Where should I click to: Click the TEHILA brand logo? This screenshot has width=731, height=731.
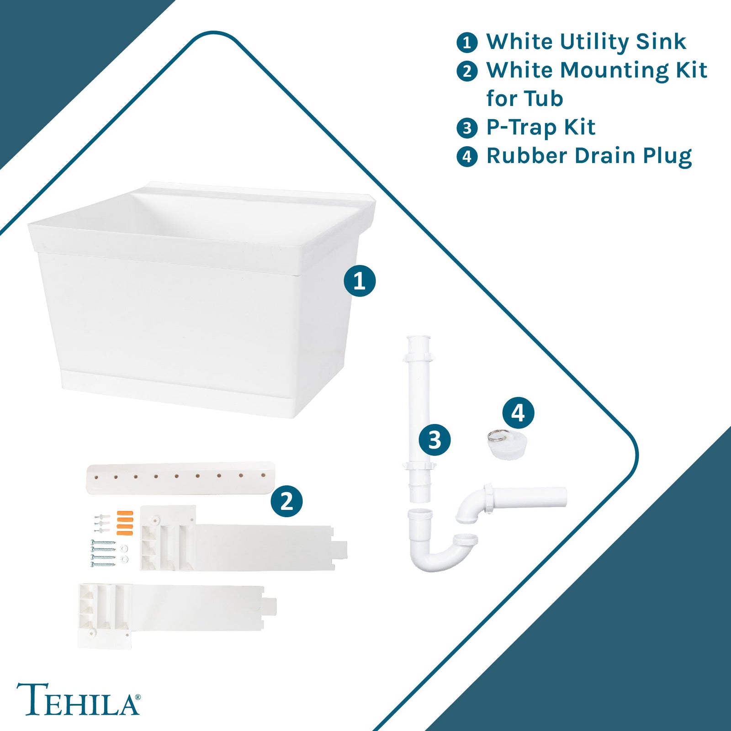[x=78, y=699]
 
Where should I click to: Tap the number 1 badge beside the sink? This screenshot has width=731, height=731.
[x=360, y=281]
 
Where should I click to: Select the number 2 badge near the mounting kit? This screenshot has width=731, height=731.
[x=286, y=501]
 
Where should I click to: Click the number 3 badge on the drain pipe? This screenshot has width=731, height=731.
[x=434, y=440]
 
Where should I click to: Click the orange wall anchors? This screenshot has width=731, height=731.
[x=125, y=523]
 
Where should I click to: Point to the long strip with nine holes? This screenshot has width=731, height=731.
[x=180, y=478]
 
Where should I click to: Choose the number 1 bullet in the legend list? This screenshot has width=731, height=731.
[x=467, y=42]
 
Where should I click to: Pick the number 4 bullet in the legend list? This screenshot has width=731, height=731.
[x=467, y=157]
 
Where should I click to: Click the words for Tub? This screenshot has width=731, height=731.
[x=524, y=99]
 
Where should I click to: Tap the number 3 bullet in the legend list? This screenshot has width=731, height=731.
[x=467, y=128]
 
